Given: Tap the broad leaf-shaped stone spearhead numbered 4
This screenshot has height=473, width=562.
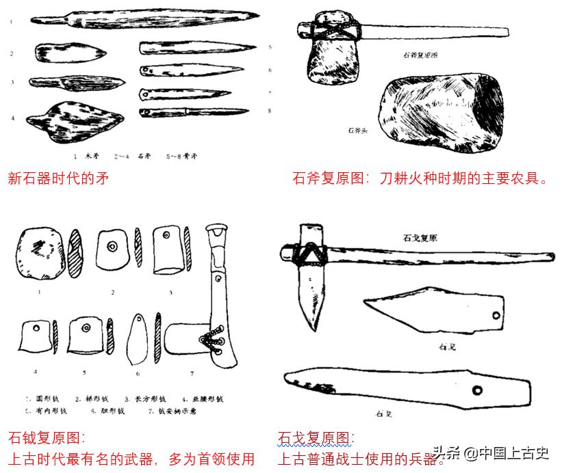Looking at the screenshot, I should pos(75,120).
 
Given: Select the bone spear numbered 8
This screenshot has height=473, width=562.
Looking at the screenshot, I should pos(194,111).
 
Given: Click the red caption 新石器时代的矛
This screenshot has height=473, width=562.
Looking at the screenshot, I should pos(58,178).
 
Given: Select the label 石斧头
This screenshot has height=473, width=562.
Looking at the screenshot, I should pos(358,129).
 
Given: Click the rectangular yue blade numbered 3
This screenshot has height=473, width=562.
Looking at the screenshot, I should pos(167,250).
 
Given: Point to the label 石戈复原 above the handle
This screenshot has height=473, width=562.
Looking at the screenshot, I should pos(421,239).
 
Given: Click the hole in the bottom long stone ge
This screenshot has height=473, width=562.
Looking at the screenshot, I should pos(475,391).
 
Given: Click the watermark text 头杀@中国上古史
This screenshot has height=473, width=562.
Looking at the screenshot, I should pos(490,453).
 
